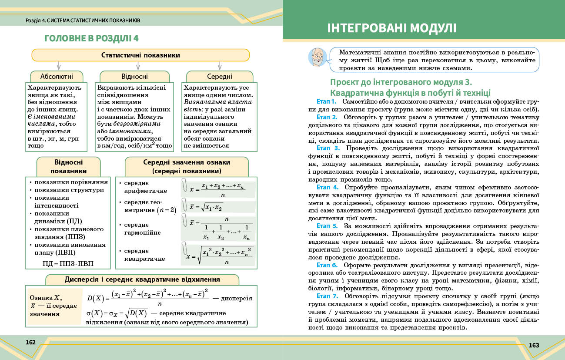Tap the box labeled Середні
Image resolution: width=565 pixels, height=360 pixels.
pos(220,76)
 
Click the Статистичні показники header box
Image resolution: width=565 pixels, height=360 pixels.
pos(140,55)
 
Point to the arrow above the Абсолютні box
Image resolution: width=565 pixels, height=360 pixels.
pos(58,65)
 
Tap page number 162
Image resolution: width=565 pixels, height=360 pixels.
pos(30,342)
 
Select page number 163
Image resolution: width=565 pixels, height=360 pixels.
pos(534,345)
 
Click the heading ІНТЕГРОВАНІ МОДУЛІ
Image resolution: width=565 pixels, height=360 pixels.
pos(392,29)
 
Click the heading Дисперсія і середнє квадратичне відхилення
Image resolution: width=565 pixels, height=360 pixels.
pos(142,279)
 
